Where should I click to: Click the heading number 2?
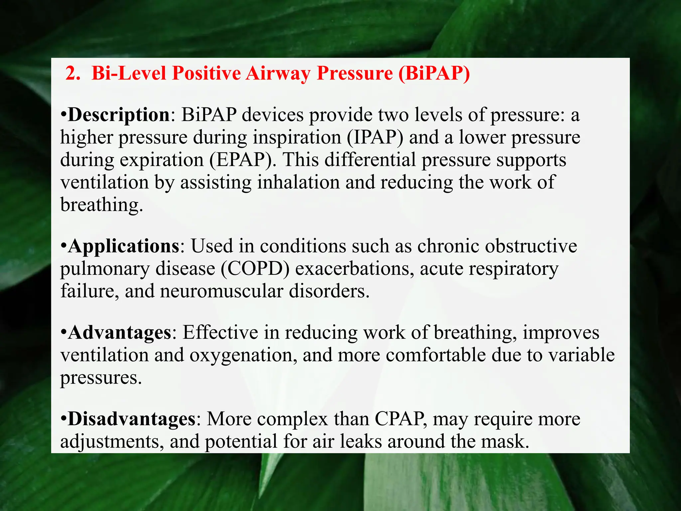click(72, 73)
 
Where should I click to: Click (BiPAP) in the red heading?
click(434, 73)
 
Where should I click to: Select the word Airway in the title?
click(278, 73)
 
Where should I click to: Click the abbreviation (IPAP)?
click(375, 137)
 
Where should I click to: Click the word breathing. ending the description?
click(101, 205)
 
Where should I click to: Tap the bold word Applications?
click(124, 246)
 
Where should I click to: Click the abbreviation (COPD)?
click(255, 269)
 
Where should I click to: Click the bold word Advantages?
click(120, 332)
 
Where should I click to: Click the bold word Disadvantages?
click(132, 419)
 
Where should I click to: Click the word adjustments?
click(112, 442)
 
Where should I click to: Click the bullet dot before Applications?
click(64, 247)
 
